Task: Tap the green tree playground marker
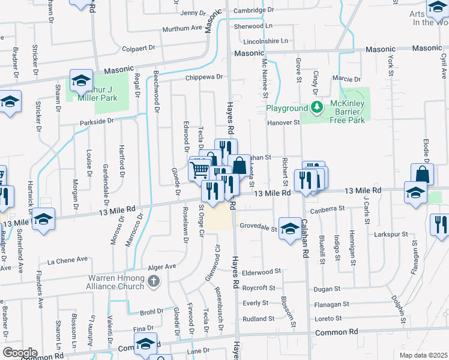pos(316,107)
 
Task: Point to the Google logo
pos(20,353)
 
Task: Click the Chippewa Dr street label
pos(204,77)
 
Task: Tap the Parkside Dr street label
pos(97,121)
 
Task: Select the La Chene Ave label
pos(68,260)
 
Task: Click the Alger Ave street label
pos(162,266)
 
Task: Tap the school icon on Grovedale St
pos(290,229)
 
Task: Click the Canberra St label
pos(327,209)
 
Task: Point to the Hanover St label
pos(283,122)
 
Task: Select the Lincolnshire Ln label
pos(265,41)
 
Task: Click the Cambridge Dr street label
pos(253,10)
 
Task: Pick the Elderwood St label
pos(261,271)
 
